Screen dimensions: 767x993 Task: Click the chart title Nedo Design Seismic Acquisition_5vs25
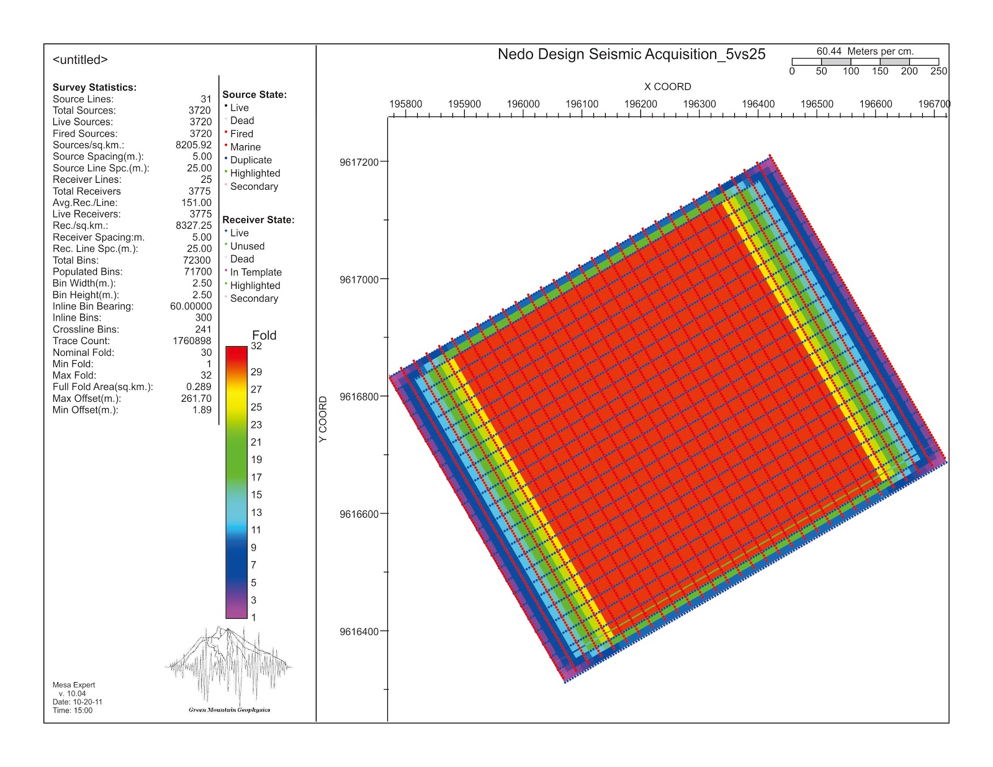(x=631, y=55)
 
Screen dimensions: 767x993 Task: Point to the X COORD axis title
(x=667, y=87)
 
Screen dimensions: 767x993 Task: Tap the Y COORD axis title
(x=323, y=419)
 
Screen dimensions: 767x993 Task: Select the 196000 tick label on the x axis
(x=523, y=104)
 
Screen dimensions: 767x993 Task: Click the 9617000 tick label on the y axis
(x=359, y=280)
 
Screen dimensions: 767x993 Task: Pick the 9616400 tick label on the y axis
(x=359, y=632)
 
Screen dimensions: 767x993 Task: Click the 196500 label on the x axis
(x=817, y=104)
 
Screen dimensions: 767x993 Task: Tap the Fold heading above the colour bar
(x=264, y=335)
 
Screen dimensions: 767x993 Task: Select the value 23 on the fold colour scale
(x=256, y=425)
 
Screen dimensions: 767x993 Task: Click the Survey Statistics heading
(x=94, y=87)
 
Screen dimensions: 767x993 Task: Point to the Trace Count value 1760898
(x=192, y=341)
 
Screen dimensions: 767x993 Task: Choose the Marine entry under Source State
(x=245, y=147)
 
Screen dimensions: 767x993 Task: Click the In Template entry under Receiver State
(x=256, y=272)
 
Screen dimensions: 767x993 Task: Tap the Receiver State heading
(x=258, y=220)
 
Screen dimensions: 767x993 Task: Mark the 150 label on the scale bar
(x=880, y=71)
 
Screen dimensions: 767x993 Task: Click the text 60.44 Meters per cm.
(x=865, y=51)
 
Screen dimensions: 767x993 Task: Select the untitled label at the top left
(x=80, y=60)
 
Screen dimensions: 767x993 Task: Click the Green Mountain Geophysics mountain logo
(x=228, y=667)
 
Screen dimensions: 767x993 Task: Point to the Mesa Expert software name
(x=74, y=685)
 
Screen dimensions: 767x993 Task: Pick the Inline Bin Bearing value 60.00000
(x=191, y=306)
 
